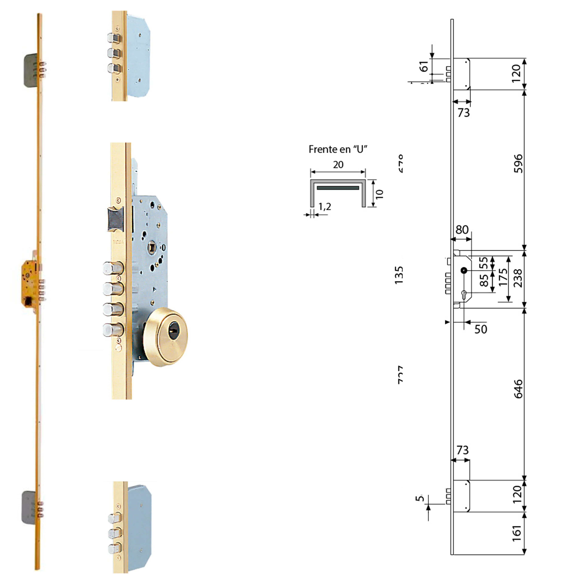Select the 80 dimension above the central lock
(462, 230)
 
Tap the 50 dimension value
(481, 329)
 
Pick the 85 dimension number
(484, 280)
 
